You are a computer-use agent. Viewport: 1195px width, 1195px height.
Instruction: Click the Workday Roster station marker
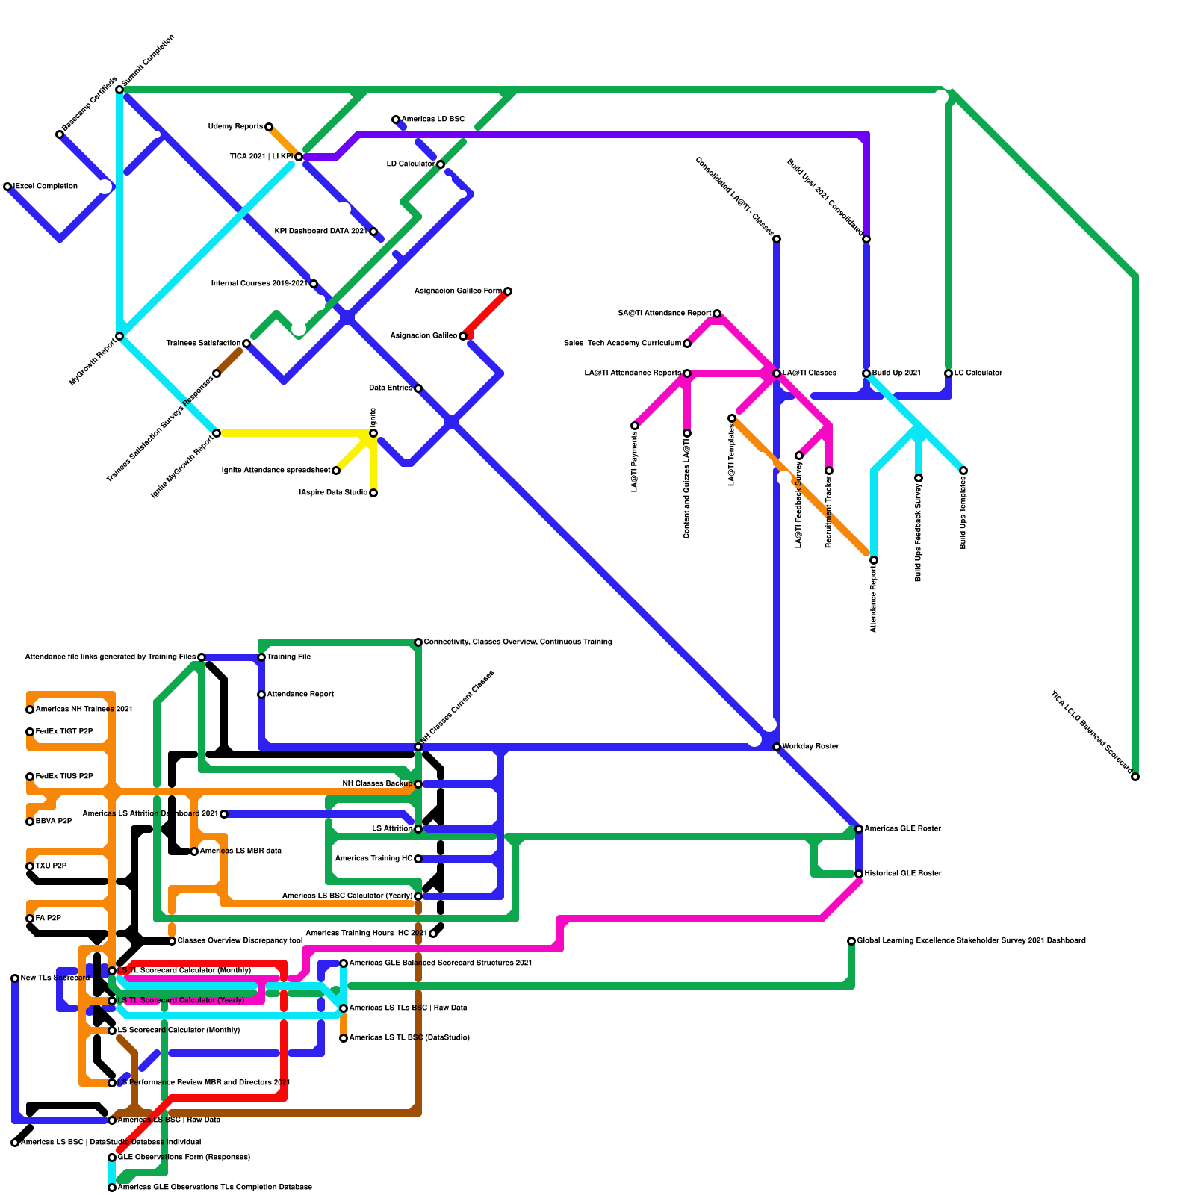tap(777, 747)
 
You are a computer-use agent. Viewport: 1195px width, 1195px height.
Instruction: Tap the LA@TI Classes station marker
tap(777, 373)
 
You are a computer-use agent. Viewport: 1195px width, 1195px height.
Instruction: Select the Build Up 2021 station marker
tap(866, 373)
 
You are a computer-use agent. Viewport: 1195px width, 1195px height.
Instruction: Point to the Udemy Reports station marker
tap(269, 127)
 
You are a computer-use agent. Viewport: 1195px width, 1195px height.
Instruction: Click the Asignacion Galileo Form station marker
tap(508, 291)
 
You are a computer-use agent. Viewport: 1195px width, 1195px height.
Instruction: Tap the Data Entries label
tap(391, 388)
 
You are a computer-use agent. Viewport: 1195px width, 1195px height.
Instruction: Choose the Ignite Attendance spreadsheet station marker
tap(336, 471)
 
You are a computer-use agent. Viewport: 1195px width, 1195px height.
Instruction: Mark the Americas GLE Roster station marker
tap(859, 829)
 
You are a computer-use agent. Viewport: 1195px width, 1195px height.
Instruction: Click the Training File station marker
tap(261, 657)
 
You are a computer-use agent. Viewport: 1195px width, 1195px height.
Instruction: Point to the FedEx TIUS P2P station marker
tap(30, 777)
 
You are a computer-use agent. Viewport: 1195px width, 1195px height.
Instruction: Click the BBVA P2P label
tap(54, 821)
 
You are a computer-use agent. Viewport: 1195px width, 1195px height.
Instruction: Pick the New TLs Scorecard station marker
tap(15, 978)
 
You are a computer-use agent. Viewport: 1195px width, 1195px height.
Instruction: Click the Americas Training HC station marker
tap(418, 859)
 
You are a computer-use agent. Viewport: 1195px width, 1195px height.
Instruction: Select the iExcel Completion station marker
tap(7, 187)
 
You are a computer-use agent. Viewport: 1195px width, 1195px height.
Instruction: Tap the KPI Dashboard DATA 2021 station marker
tap(373, 232)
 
